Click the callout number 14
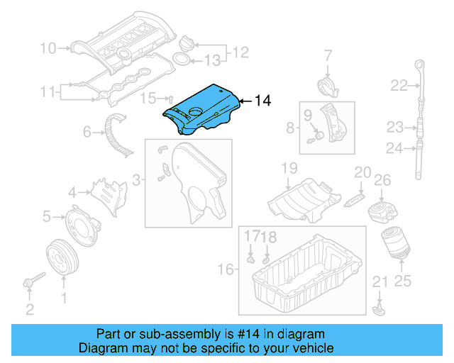(x=262, y=101)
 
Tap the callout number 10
(x=48, y=48)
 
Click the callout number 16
(x=225, y=269)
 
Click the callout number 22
(x=399, y=86)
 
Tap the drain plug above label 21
(x=380, y=310)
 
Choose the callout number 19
(x=288, y=168)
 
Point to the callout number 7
(x=328, y=55)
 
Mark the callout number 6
(x=87, y=131)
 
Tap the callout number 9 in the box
(x=308, y=114)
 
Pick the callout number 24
(x=394, y=148)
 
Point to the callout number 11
(x=48, y=91)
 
